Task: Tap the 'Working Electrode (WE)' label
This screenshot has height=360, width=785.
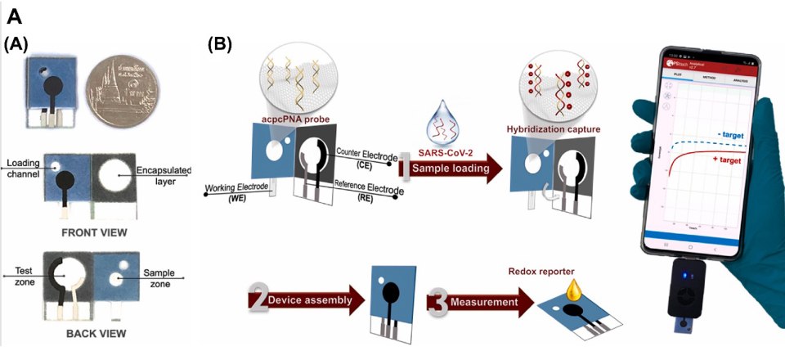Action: [x=232, y=191]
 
